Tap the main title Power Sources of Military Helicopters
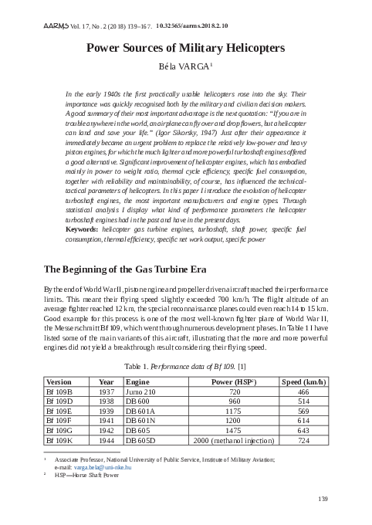[185, 48]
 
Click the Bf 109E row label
[60, 412]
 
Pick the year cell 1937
[106, 392]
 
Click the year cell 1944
[106, 441]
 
